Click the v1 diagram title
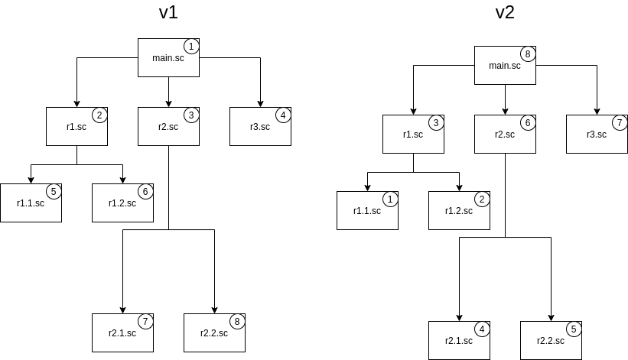(x=168, y=13)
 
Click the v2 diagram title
(x=505, y=13)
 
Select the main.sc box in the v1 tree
(x=168, y=57)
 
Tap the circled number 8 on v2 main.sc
(x=527, y=54)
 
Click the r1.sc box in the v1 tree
(x=76, y=126)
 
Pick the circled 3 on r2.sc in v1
(x=190, y=115)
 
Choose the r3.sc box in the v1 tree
(x=260, y=126)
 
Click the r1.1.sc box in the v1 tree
(x=31, y=203)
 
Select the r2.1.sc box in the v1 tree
(x=122, y=332)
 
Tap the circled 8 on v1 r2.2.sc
(x=236, y=322)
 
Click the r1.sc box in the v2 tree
(x=413, y=134)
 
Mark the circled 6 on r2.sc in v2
(x=527, y=123)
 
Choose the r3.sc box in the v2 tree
(x=597, y=134)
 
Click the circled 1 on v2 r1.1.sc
(x=389, y=199)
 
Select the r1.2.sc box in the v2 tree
(x=459, y=210)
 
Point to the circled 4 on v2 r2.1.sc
(x=481, y=329)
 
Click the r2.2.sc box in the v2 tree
(x=551, y=340)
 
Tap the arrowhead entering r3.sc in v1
(x=260, y=103)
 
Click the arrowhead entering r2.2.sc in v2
(x=551, y=317)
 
